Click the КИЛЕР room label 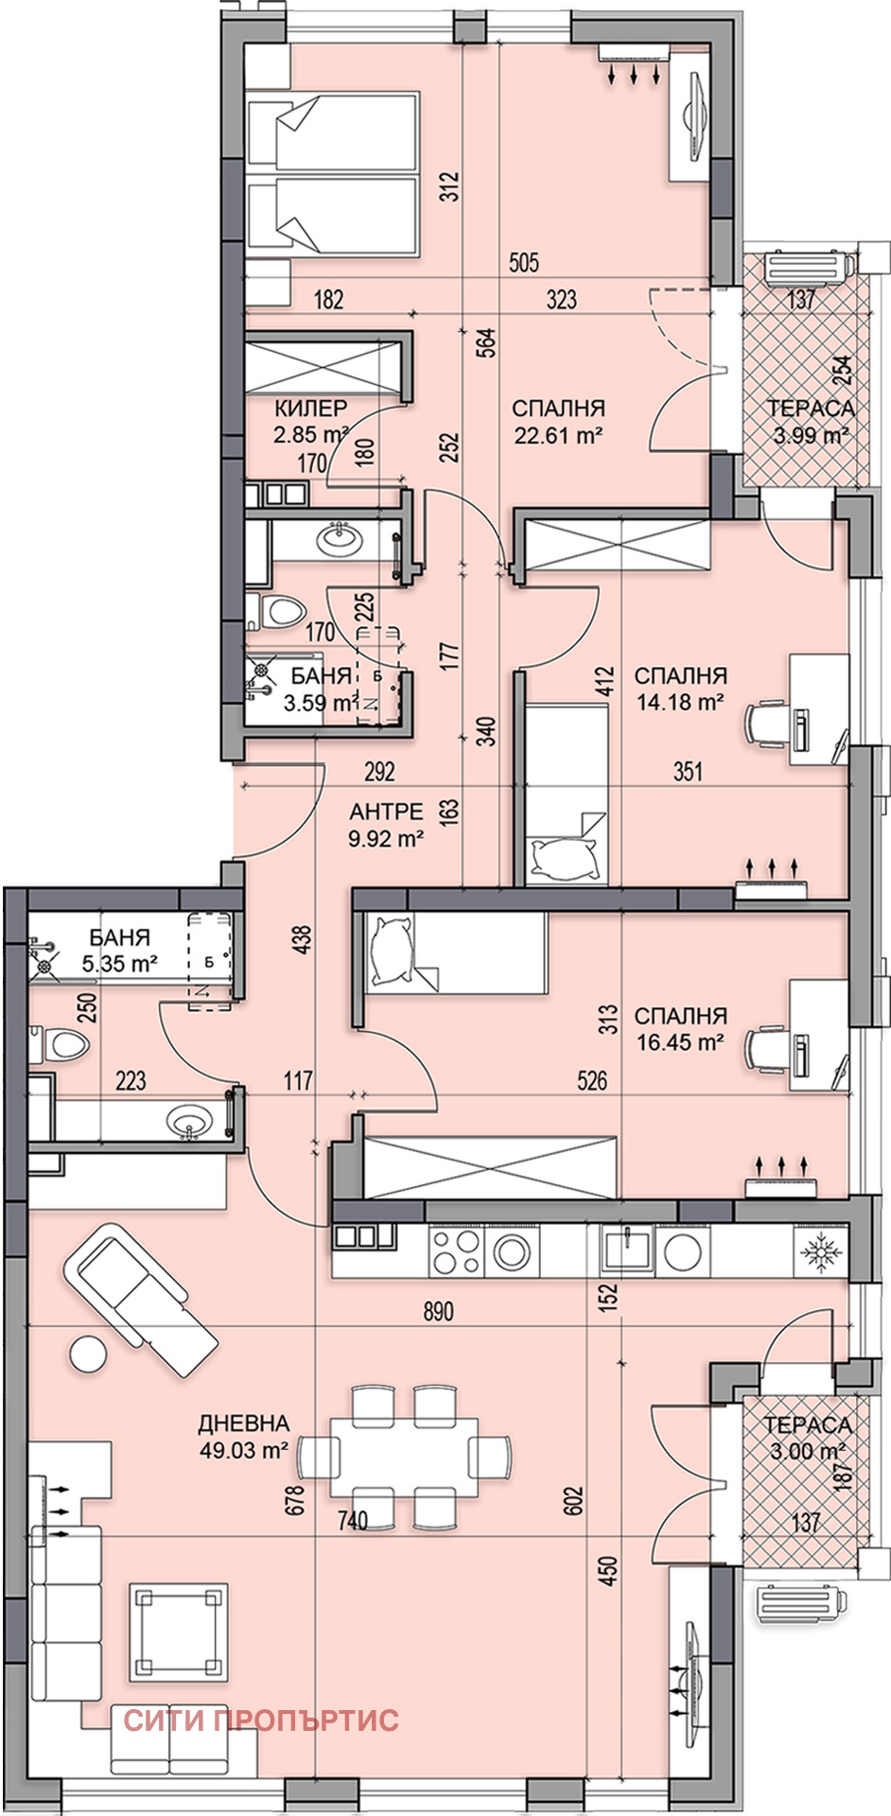tap(311, 409)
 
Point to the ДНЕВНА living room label tap(244, 1423)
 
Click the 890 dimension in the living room tap(438, 1311)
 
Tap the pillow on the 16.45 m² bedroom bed tap(393, 950)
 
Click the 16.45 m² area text tap(679, 1042)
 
